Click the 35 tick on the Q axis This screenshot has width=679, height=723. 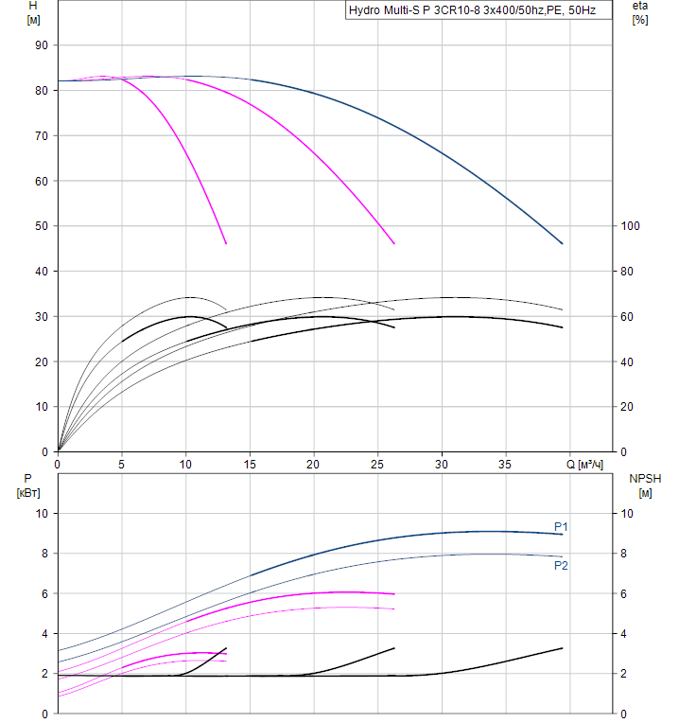[505, 465]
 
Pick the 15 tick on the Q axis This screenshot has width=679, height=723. [250, 465]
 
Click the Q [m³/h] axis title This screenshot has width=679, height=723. [583, 465]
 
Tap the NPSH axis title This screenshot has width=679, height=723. [643, 479]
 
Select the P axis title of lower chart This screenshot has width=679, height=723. [28, 479]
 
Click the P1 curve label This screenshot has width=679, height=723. [561, 526]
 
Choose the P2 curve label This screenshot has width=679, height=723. [561, 566]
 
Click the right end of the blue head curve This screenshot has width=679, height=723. [563, 244]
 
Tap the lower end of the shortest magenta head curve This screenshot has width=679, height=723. [226, 244]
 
